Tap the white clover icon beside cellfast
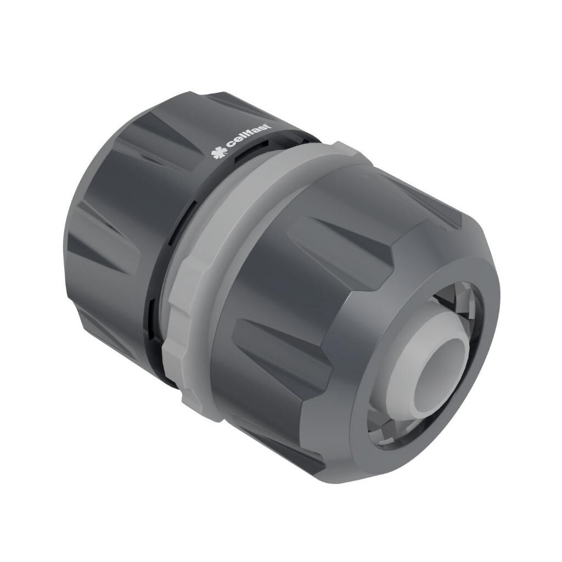tap(220, 152)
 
